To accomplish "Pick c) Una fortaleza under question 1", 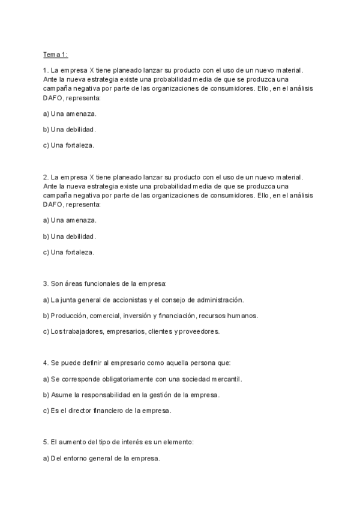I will (x=68, y=145).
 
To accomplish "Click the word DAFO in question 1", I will (x=53, y=97).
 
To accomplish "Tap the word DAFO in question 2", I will (x=53, y=204).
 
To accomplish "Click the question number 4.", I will (x=46, y=363).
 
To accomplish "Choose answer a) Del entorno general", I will (x=101, y=459).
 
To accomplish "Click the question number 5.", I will (x=46, y=442).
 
